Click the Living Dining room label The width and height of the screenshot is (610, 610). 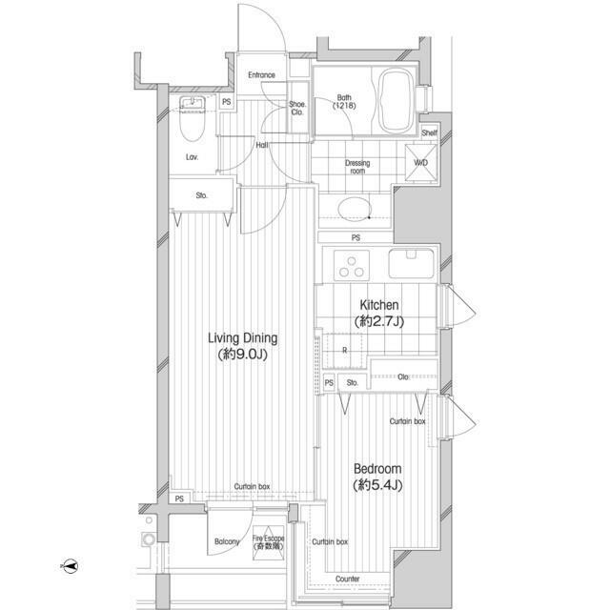point(243,346)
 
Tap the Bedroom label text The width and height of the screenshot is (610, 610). point(377,477)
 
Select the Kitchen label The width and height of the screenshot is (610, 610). point(380,313)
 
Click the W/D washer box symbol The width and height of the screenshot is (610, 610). point(421,161)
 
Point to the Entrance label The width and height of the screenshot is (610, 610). point(261,75)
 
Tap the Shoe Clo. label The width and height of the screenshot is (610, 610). point(297,109)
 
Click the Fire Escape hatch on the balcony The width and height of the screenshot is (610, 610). point(269,546)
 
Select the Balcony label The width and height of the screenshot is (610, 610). point(227,542)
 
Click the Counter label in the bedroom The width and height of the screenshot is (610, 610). point(348,579)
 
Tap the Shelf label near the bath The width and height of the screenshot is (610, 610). point(429,133)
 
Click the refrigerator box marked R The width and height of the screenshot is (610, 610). point(343,351)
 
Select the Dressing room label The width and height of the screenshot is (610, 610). point(356,167)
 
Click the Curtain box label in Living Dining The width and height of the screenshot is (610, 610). point(253,487)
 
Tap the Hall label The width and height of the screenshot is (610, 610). point(261,145)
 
